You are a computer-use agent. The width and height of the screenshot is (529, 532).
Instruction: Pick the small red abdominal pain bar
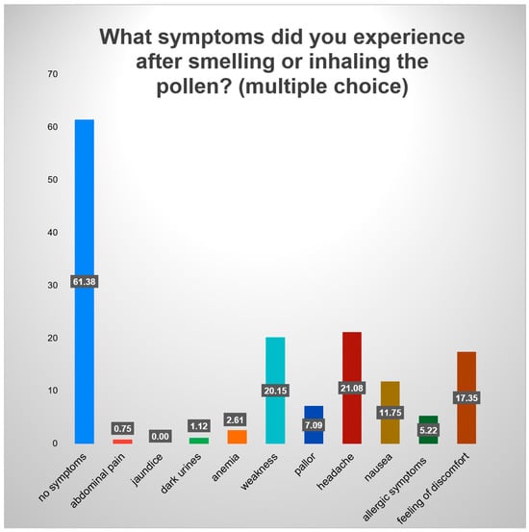(122, 442)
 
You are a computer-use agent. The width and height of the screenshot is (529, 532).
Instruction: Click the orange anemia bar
(238, 437)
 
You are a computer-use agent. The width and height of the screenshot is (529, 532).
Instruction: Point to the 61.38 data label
(85, 281)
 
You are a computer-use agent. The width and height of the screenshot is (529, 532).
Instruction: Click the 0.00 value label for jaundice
(161, 436)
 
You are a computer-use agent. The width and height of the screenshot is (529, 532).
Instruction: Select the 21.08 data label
(352, 388)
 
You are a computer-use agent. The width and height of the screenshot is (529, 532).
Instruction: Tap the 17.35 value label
(466, 397)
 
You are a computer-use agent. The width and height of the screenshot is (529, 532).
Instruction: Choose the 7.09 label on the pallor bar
(314, 425)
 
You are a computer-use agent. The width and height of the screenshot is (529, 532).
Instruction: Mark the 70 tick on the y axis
(53, 74)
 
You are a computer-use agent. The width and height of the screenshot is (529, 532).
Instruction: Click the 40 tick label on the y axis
(53, 233)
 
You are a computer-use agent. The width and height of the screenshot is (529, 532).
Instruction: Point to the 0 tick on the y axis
(55, 443)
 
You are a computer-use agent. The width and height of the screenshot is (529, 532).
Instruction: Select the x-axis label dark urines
(181, 473)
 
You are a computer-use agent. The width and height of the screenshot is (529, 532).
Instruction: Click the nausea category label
(379, 468)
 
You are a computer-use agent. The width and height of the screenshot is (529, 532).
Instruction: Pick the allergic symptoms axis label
(394, 489)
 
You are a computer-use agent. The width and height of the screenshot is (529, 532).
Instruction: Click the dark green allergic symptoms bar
(428, 429)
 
